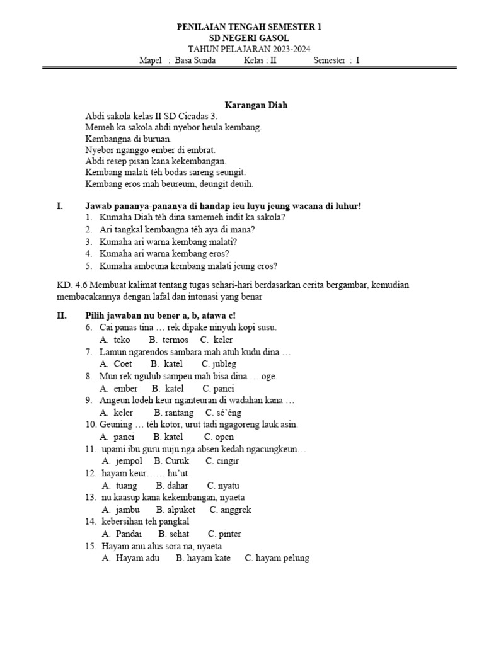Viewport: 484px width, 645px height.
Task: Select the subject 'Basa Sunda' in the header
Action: [195, 60]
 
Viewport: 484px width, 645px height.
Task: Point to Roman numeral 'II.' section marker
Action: [62, 315]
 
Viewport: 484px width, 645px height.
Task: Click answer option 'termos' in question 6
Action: [175, 340]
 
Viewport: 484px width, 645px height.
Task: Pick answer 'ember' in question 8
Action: [126, 388]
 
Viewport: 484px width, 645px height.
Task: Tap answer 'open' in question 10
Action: [224, 437]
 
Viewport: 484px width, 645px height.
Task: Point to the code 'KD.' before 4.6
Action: [64, 285]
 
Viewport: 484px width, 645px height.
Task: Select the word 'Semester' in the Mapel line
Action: [329, 60]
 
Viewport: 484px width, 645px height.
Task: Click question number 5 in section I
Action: [90, 266]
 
